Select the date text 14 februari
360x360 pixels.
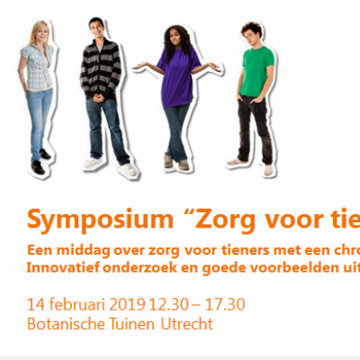coord(66,304)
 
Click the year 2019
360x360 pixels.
coord(127,304)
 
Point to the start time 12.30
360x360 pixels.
coord(169,304)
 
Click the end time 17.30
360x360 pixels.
coord(225,304)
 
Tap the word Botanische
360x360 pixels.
coord(66,324)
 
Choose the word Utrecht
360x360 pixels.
coord(187,324)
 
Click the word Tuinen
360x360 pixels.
coord(132,324)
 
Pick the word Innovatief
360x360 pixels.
coord(63,268)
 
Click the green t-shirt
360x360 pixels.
coord(257,71)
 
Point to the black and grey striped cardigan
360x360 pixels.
coord(101,69)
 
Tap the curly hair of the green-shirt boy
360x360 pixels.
coord(253,29)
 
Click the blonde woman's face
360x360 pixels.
coord(42,32)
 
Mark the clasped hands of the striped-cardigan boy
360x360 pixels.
coord(98,98)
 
